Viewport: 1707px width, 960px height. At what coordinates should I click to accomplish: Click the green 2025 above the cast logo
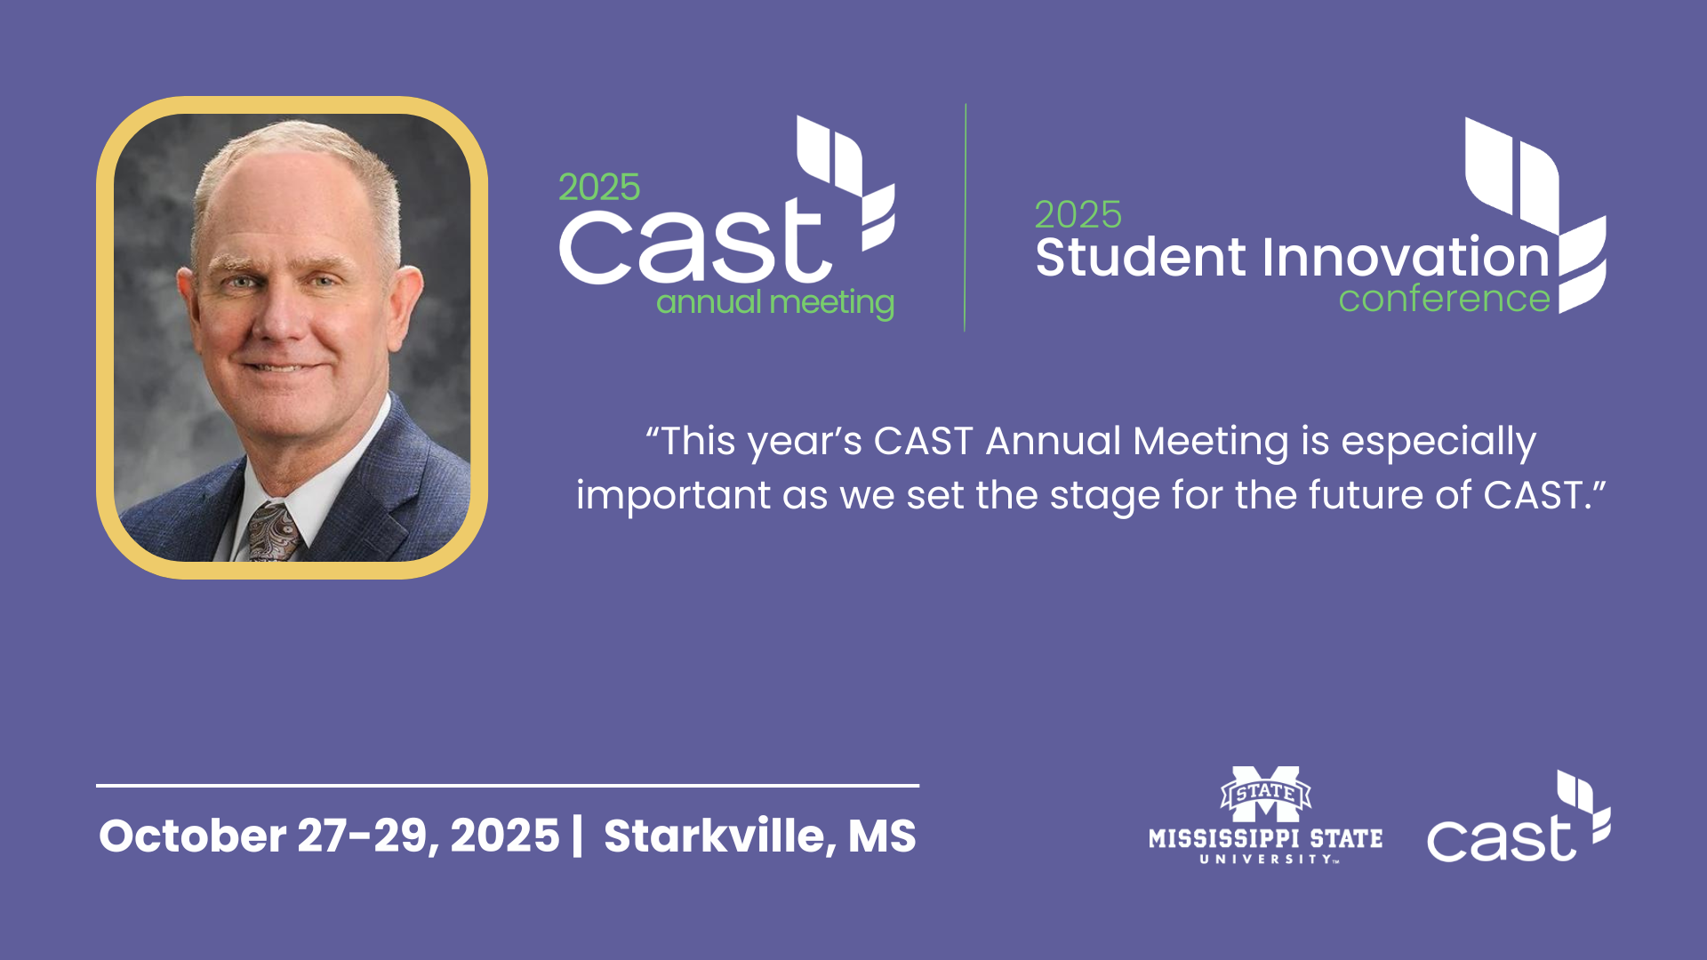(599, 188)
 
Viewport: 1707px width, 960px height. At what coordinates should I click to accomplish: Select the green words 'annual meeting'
(775, 303)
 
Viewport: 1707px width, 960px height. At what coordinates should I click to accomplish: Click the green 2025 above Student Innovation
(1078, 215)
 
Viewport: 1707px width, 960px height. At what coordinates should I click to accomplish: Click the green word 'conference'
(1445, 299)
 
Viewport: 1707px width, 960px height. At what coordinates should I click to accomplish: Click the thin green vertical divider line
(965, 218)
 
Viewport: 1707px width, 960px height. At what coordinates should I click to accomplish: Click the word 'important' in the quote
(673, 496)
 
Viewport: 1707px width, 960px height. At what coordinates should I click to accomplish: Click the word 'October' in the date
(192, 836)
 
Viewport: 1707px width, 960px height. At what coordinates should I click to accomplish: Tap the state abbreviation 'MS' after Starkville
(882, 836)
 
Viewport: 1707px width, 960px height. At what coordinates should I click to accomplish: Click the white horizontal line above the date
(508, 786)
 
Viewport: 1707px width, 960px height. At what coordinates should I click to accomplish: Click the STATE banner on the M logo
(1266, 792)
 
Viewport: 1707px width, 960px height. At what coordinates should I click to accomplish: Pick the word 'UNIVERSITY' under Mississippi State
(1266, 860)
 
